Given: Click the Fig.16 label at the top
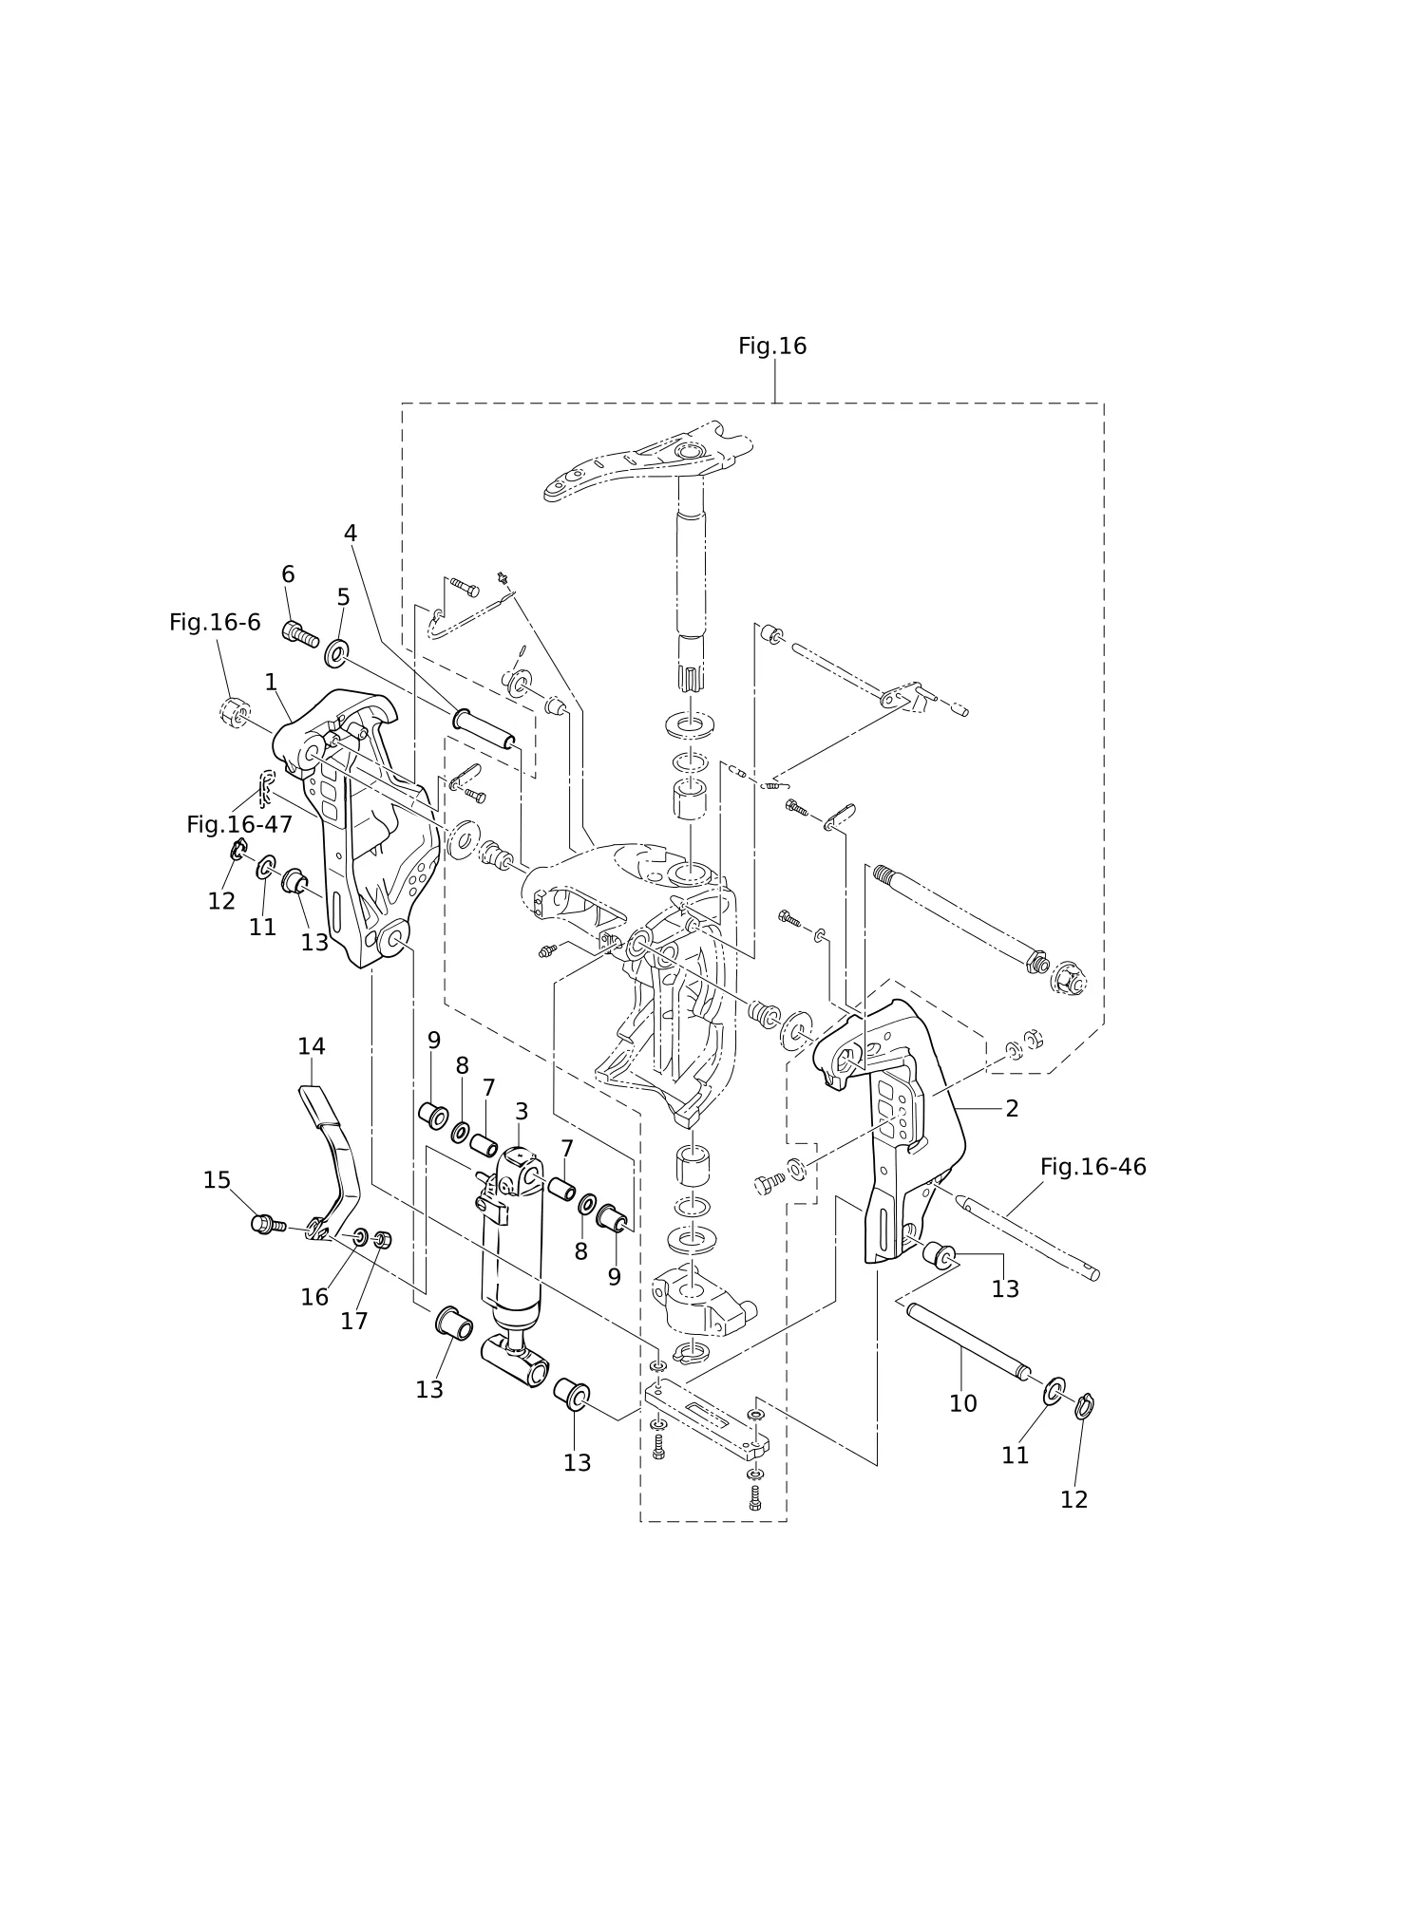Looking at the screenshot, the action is coord(772,347).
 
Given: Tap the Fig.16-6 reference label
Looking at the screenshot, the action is coord(215,623).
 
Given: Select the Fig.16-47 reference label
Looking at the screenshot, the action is coord(239,825).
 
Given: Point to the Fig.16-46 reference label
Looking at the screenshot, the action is coord(1093,1167).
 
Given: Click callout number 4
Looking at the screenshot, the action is coord(351,534).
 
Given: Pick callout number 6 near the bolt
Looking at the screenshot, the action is coord(288,574).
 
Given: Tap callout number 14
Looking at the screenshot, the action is coord(312,1046).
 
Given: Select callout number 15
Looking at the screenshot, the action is coord(217,1180).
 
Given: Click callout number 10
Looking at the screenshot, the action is coord(963,1403).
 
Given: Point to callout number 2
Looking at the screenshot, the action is coord(1012,1109).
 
